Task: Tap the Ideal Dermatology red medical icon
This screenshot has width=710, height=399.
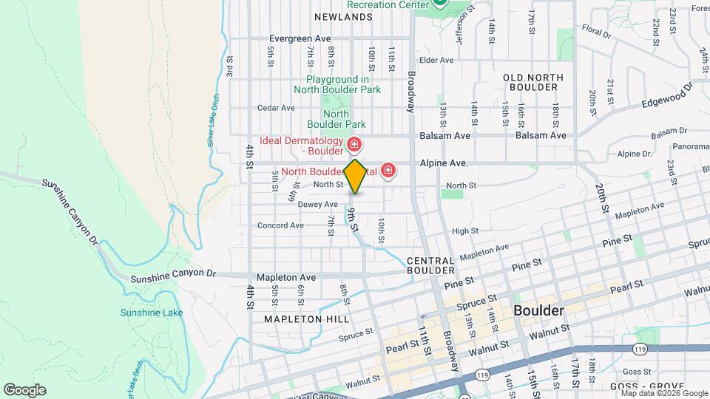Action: pyautogui.click(x=354, y=143)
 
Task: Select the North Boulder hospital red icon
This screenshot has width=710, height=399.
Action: pyautogui.click(x=388, y=171)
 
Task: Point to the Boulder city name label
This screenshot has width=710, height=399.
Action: pyautogui.click(x=538, y=310)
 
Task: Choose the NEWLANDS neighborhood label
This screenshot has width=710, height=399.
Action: pyautogui.click(x=343, y=16)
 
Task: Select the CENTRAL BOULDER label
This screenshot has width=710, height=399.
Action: pyautogui.click(x=430, y=265)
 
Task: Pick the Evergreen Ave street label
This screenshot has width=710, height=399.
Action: pyautogui.click(x=300, y=38)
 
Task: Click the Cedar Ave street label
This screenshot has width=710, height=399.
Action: pyautogui.click(x=276, y=108)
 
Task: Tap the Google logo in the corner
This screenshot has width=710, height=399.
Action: pyautogui.click(x=24, y=390)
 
